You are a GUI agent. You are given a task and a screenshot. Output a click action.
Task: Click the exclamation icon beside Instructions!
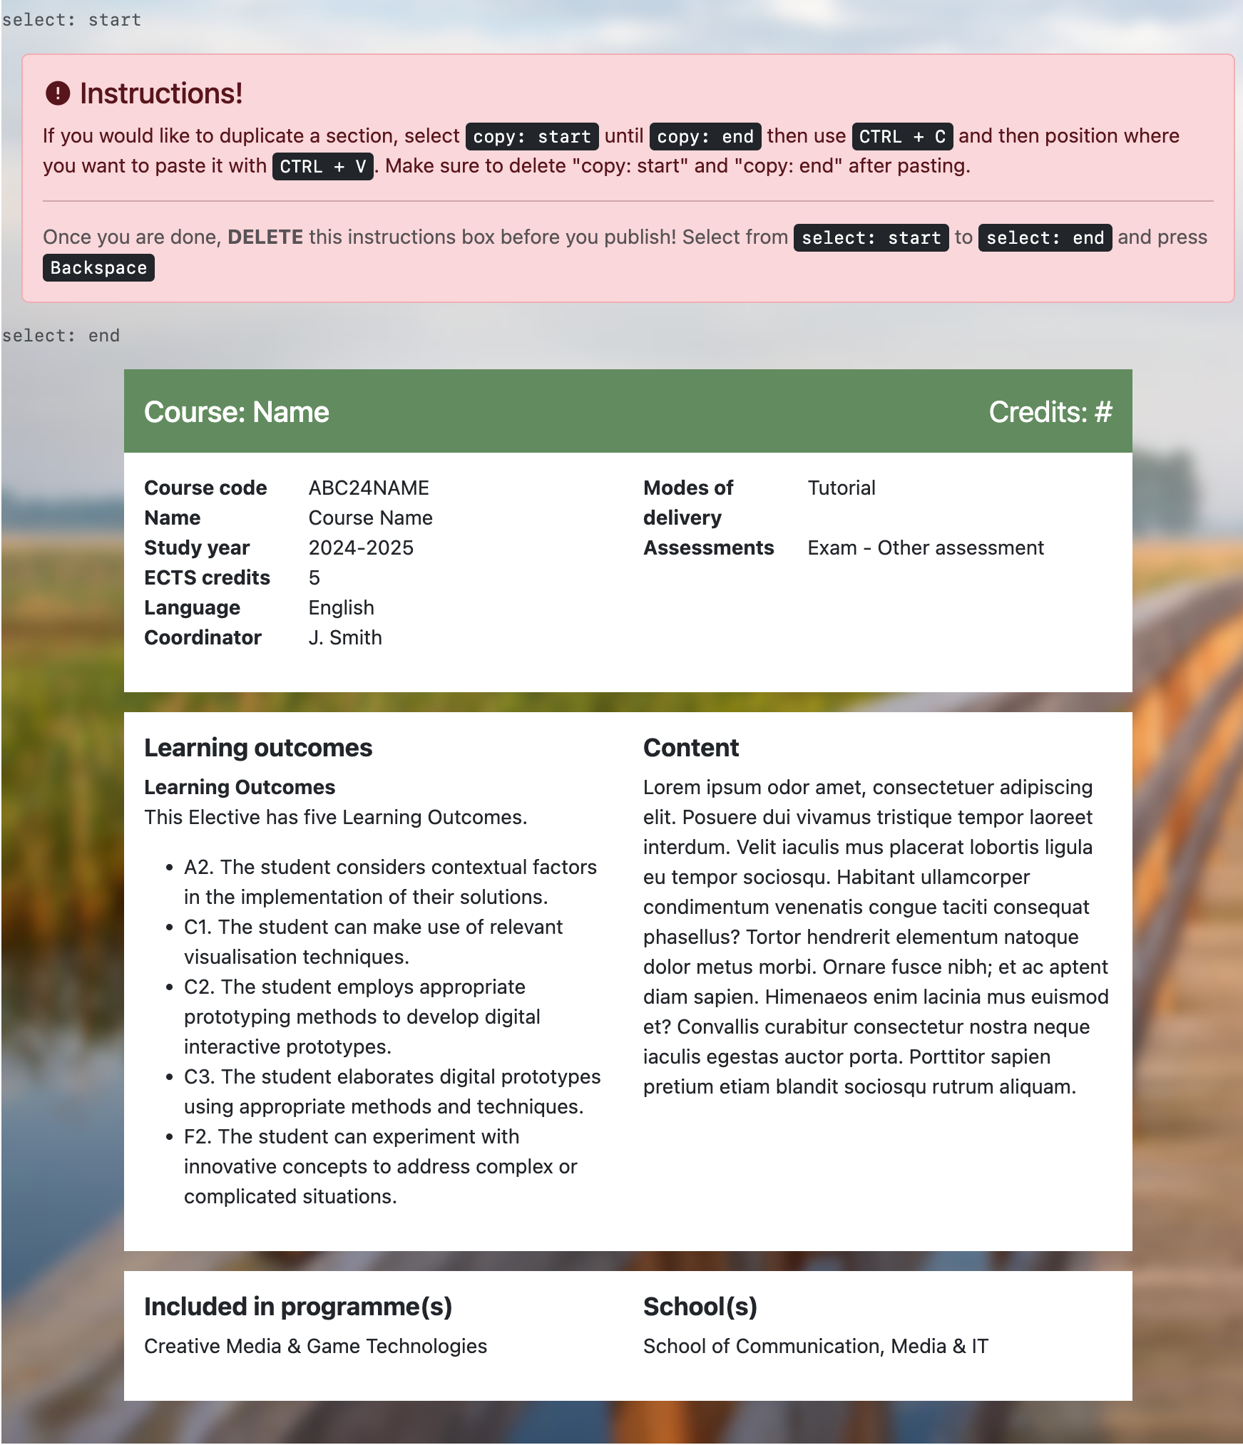[x=58, y=93]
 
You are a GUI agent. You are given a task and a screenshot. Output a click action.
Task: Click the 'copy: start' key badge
[x=531, y=136]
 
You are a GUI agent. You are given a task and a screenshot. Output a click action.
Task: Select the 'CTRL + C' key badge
[x=901, y=136]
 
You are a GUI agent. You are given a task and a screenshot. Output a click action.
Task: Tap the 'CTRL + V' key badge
[x=322, y=166]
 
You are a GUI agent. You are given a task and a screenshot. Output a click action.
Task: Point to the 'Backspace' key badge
[x=98, y=268]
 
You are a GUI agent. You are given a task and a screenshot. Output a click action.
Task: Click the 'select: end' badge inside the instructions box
[x=1044, y=237]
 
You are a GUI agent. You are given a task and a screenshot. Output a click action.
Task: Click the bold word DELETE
[x=265, y=237]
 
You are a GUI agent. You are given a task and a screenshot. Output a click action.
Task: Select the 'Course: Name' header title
[x=236, y=412]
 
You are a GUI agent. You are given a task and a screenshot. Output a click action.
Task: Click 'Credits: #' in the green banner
[x=1050, y=412]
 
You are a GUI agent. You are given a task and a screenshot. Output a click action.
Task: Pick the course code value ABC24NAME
[x=369, y=488]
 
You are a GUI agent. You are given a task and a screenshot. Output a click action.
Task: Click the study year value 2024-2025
[x=361, y=547]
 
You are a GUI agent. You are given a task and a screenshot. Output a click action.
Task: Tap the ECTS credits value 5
[x=314, y=577]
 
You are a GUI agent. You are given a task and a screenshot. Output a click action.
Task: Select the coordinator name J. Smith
[x=345, y=637]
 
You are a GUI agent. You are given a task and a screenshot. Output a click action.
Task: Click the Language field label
[x=192, y=607]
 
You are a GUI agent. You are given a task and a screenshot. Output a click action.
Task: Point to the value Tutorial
[x=842, y=488]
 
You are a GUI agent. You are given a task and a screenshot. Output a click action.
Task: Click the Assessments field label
[x=708, y=547]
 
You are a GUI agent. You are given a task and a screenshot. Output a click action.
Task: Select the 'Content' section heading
[x=690, y=748]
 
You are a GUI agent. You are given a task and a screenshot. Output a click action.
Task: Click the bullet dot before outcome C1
[x=170, y=927]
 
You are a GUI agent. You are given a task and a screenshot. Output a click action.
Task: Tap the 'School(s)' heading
[x=700, y=1307]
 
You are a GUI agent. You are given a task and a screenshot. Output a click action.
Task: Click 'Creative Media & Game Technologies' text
[x=315, y=1346]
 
